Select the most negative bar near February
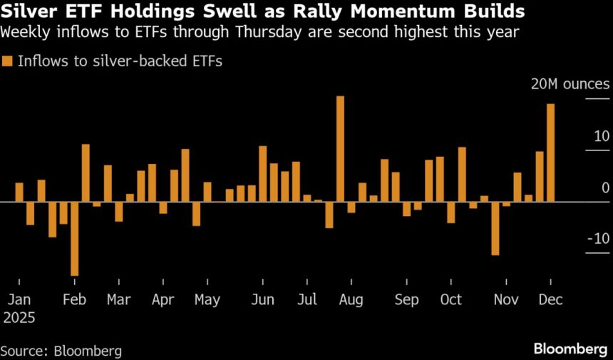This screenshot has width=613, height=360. click(74, 238)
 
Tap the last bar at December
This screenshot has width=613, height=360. click(550, 153)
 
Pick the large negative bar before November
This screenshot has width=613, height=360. click(495, 228)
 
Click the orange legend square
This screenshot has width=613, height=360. click(8, 61)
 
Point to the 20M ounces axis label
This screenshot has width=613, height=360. click(570, 84)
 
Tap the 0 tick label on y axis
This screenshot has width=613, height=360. click(605, 187)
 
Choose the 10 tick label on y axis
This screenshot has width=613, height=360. click(602, 136)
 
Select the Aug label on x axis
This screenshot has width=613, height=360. click(351, 300)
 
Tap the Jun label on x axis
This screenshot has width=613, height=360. click(263, 300)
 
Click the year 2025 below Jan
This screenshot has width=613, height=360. click(21, 317)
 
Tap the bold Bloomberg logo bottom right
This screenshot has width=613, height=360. click(570, 349)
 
